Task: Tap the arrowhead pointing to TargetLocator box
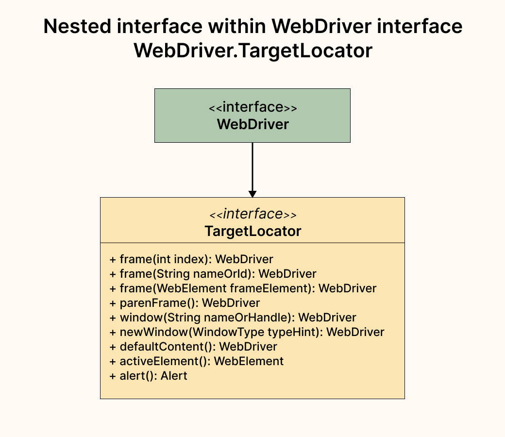tap(252, 194)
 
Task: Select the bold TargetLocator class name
tap(252, 231)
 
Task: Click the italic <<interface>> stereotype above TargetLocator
tap(252, 214)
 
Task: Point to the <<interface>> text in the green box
tap(252, 107)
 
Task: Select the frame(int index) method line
tap(191, 259)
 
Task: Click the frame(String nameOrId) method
tap(213, 273)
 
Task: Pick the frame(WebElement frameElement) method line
tap(243, 288)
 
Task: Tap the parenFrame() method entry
tap(185, 303)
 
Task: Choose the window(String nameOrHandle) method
tap(233, 317)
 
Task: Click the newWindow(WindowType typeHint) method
tap(247, 332)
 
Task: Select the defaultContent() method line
tap(193, 347)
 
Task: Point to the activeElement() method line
tap(197, 361)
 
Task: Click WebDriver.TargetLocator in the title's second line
tap(252, 50)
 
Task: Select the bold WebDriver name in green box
tap(252, 124)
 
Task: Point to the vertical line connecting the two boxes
tap(252, 165)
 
